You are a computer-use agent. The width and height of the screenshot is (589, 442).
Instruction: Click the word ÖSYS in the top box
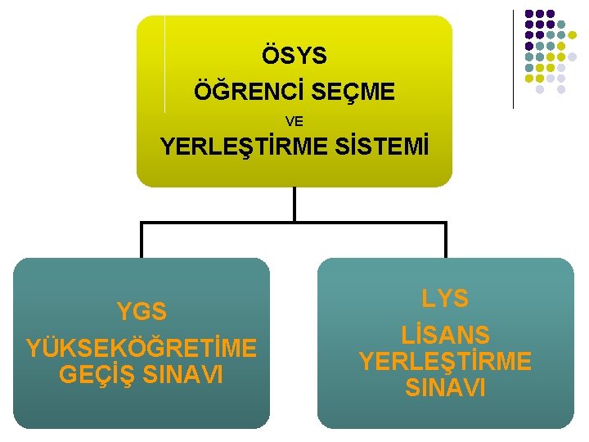(x=294, y=56)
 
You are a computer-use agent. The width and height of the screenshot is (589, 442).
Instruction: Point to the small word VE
(x=294, y=121)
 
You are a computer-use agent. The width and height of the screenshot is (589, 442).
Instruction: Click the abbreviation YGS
(x=142, y=312)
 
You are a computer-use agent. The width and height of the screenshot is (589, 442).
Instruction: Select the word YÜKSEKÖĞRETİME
(x=142, y=349)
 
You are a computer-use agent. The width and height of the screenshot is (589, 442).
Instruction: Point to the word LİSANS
(x=445, y=334)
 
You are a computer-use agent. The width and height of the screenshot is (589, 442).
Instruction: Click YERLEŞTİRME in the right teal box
(x=445, y=361)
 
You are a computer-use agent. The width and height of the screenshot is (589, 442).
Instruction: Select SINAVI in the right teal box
(x=445, y=387)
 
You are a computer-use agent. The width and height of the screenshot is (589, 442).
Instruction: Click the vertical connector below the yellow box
(x=294, y=205)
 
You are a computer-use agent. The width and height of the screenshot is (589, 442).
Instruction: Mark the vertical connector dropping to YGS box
(x=142, y=241)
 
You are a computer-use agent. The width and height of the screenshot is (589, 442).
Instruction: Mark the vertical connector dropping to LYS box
(x=446, y=241)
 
